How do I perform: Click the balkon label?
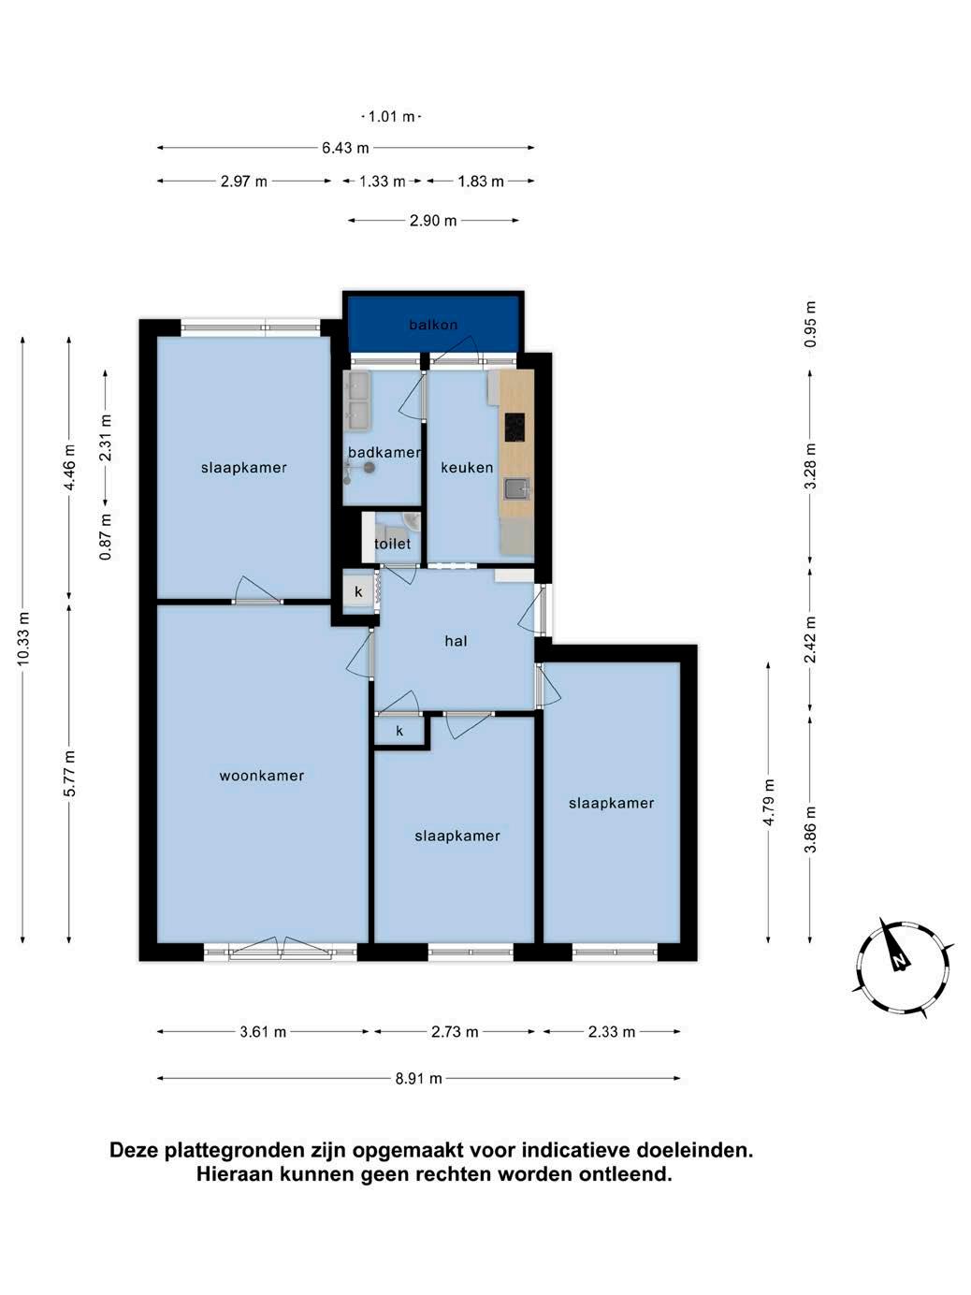coord(433,325)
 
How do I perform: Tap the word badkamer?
coord(384,453)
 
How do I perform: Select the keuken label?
coord(467,468)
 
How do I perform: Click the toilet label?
coord(393,544)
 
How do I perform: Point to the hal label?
coord(457,641)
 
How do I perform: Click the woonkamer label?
coord(262,776)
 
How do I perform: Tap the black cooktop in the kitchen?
coord(514,427)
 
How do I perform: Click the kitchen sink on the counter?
coord(517,489)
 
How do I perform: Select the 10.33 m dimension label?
coord(23,639)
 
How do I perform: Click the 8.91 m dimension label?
coord(418,1079)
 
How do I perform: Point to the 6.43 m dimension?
coord(345,148)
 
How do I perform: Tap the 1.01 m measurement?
coord(391,117)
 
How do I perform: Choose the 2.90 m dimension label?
coord(433,221)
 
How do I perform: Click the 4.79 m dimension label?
coord(768,804)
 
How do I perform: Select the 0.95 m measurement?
coord(811,324)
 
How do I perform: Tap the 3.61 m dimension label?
coord(263,1032)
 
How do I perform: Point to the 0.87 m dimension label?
coord(106,537)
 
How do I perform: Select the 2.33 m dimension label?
coord(612,1032)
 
